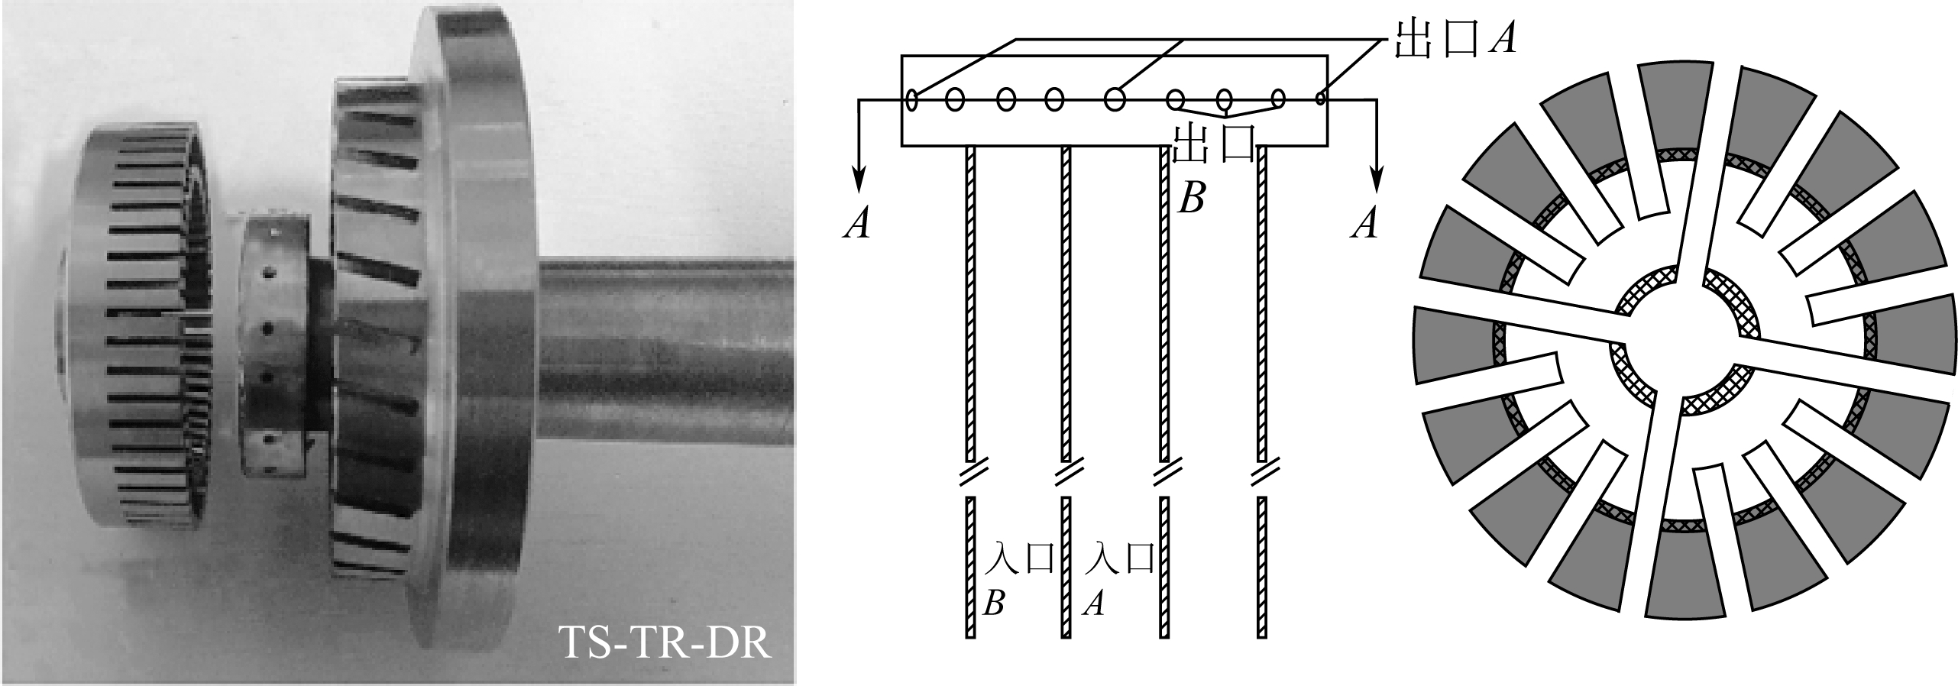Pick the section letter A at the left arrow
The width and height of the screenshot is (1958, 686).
857,225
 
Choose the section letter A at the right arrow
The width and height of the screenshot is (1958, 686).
1365,225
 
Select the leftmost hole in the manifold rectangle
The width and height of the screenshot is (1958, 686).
911,99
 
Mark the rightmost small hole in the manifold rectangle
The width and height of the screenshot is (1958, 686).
1321,98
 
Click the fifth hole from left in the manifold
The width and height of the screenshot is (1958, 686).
1115,99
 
